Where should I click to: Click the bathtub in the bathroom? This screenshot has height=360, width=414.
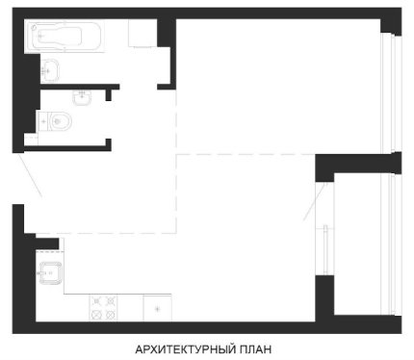pyautogui.click(x=65, y=36)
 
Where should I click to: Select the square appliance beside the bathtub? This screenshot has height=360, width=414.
pyautogui.click(x=142, y=34)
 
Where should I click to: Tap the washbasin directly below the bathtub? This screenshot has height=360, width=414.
pyautogui.click(x=50, y=70)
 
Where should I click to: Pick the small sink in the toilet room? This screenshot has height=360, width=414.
pyautogui.click(x=82, y=97)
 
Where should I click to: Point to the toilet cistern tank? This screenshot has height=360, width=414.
pyautogui.click(x=43, y=121)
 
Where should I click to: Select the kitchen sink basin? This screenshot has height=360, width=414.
pyautogui.click(x=50, y=272)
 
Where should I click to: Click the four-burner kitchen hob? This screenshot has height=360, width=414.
pyautogui.click(x=103, y=307)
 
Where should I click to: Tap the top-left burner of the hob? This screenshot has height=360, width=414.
pyautogui.click(x=96, y=301)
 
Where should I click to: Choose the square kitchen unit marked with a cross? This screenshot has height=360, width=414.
pyautogui.click(x=157, y=308)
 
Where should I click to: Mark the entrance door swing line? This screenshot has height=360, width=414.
pyautogui.click(x=30, y=175)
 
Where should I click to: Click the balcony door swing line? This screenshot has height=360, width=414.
pyautogui.click(x=315, y=202)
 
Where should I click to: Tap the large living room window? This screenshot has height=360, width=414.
pyautogui.click(x=391, y=92)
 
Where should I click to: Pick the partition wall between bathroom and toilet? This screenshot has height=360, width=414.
pyautogui.click(x=80, y=87)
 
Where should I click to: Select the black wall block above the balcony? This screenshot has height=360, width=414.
pyautogui.click(x=358, y=164)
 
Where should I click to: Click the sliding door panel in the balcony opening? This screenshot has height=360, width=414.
pyautogui.click(x=325, y=249)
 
